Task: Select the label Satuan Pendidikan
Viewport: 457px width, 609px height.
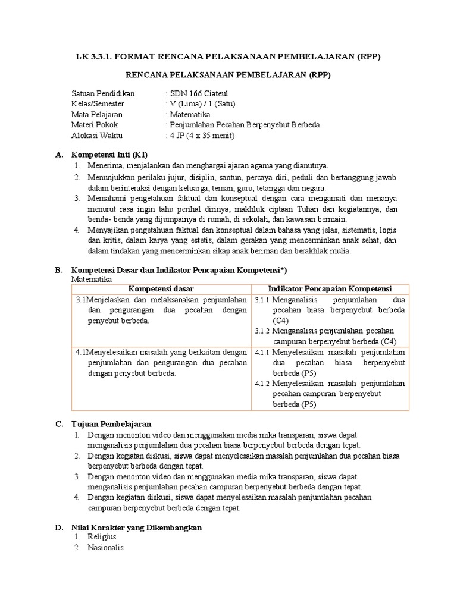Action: tap(103, 93)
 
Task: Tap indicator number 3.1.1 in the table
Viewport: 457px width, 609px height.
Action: tap(262, 300)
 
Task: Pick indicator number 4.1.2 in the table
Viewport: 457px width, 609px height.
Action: tap(262, 384)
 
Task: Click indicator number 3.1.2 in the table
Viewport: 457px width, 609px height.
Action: tap(262, 331)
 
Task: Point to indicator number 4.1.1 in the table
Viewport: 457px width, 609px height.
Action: tap(262, 353)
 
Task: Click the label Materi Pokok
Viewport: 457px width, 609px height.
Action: tap(95, 125)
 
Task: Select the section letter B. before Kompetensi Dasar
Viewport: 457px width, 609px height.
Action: tap(59, 269)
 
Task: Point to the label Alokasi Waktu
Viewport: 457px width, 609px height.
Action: tap(96, 135)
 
